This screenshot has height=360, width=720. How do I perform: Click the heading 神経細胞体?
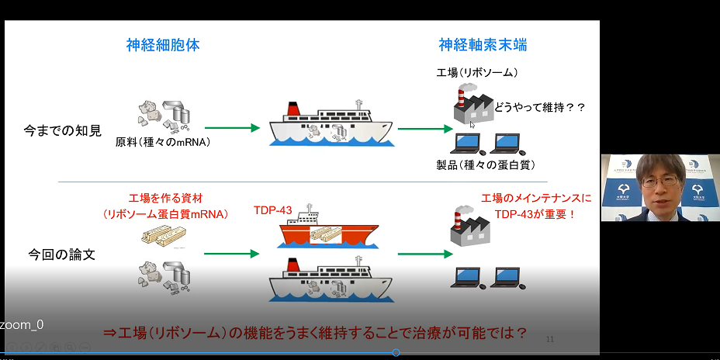pyautogui.click(x=163, y=45)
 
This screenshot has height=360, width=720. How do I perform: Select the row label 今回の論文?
pyautogui.click(x=62, y=254)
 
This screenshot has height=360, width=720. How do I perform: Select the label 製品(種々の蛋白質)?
pyautogui.click(x=486, y=164)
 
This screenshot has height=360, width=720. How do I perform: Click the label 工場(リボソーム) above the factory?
pyautogui.click(x=477, y=73)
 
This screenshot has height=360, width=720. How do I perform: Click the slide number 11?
pyautogui.click(x=550, y=338)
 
